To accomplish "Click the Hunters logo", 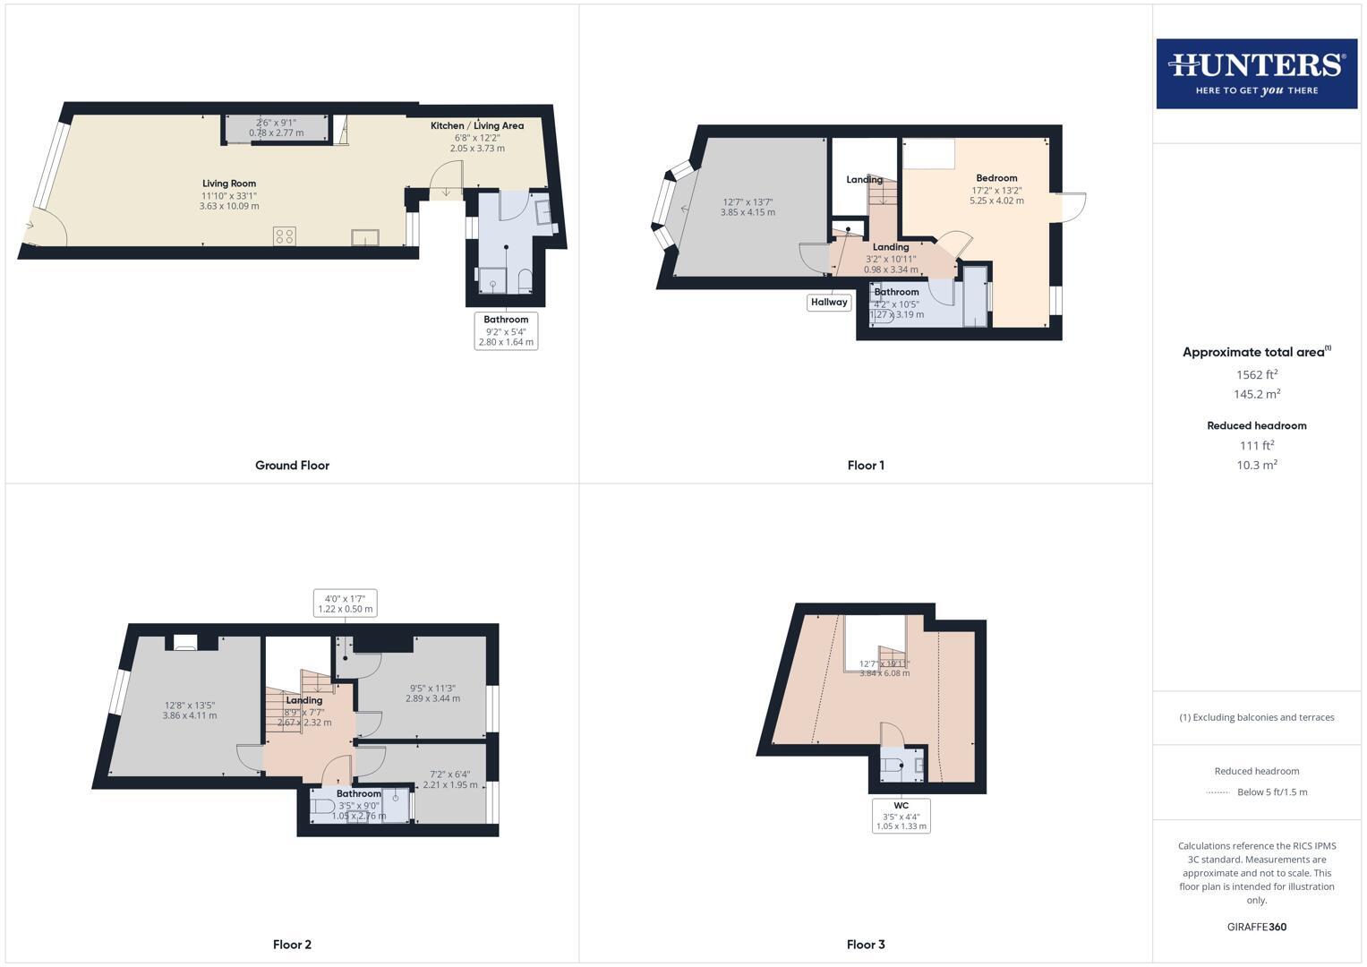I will coord(1256,73).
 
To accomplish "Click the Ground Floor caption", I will coord(292,466).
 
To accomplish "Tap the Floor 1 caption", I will coord(866,466).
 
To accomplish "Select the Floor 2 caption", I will coord(292,945).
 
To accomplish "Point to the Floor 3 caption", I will coord(866,945).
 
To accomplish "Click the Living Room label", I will coord(229,184).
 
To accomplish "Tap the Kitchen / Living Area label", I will coord(477,126).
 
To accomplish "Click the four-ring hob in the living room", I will coord(285,236).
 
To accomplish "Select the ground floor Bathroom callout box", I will coord(506,330).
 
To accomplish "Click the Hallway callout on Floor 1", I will coord(829,303).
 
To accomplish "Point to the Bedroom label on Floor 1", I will coord(996,178).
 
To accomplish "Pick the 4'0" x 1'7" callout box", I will coord(345,603).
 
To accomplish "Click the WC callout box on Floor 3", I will coord(901,816).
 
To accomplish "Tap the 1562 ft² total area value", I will coord(1256,375).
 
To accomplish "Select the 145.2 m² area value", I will coord(1256,394).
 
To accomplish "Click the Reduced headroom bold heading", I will coord(1256,426).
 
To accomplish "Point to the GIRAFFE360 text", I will coord(1256,928).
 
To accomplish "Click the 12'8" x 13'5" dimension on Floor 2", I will coord(190,706).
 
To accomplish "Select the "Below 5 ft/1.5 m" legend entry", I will coord(1271,792).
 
